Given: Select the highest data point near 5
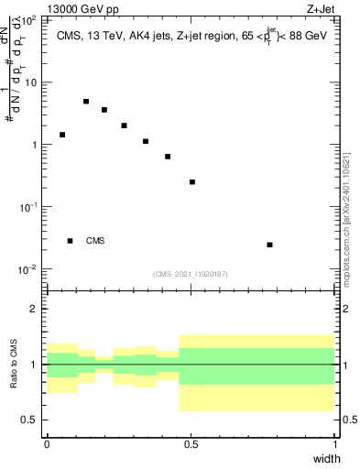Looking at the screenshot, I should coord(86,102).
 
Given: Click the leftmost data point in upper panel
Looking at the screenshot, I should coord(62,135).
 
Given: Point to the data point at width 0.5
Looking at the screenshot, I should coord(192,182).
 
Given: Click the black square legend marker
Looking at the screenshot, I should coord(71,241).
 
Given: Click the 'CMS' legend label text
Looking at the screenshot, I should coord(95,241).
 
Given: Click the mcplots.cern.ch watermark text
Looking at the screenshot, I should coord(345,211).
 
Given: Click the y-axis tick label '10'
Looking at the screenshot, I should coord(33,82).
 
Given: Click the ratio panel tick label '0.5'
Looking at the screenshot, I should coord(32,420).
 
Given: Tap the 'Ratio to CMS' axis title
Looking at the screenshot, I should coord(14,364).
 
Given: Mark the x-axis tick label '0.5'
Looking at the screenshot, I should coord(191,444).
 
